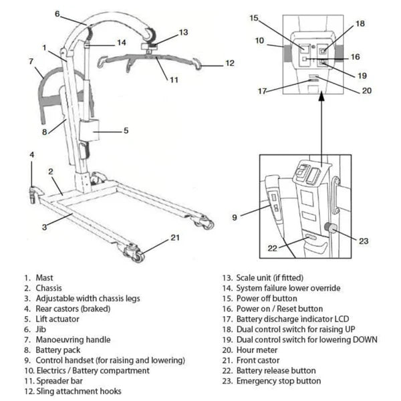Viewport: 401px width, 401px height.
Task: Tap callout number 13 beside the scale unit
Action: (x=183, y=31)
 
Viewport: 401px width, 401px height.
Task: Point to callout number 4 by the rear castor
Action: (x=31, y=156)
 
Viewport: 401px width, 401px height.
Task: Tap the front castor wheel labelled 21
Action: (x=136, y=254)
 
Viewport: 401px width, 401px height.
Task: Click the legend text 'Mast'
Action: (x=47, y=277)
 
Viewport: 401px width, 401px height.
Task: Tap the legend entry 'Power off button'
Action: (x=267, y=298)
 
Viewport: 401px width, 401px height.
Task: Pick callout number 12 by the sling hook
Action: (x=229, y=64)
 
